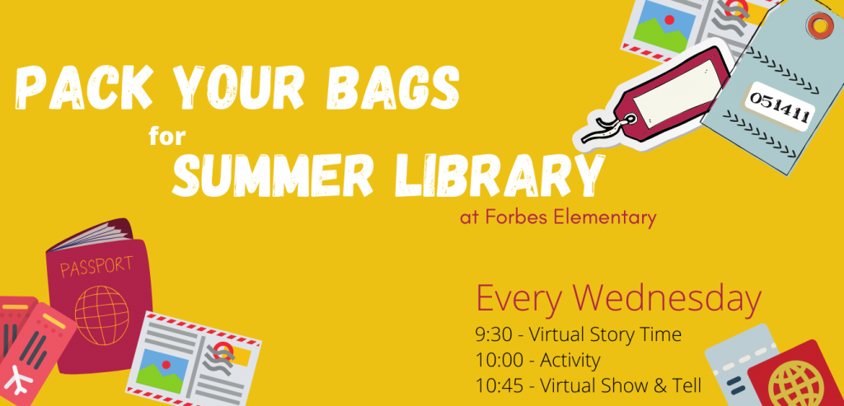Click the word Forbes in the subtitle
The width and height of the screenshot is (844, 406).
517,217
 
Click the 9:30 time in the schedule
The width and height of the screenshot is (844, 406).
494,335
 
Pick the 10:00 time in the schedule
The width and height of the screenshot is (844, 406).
499,360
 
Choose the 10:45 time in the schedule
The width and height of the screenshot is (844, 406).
499,385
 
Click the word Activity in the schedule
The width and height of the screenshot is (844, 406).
570,360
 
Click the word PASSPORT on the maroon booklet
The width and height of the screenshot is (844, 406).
96,265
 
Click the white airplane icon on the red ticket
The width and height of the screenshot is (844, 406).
18,380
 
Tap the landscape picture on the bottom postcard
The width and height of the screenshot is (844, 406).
162,368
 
